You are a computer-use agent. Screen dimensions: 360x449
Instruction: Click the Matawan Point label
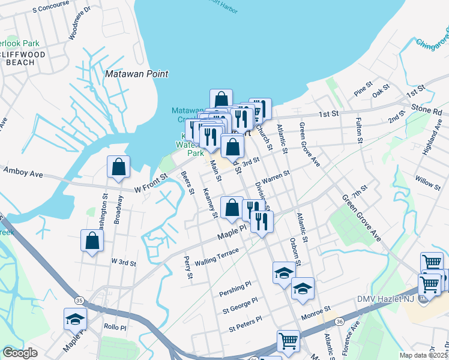click(136, 74)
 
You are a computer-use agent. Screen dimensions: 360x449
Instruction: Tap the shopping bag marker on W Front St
click(119, 167)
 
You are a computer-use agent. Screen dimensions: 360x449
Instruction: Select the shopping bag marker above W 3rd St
click(92, 241)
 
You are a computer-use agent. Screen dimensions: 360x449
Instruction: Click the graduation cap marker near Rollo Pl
click(75, 319)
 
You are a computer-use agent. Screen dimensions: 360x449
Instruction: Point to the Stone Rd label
click(426, 112)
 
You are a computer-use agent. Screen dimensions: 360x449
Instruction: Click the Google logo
click(20, 353)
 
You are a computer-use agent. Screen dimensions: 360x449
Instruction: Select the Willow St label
click(427, 179)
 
